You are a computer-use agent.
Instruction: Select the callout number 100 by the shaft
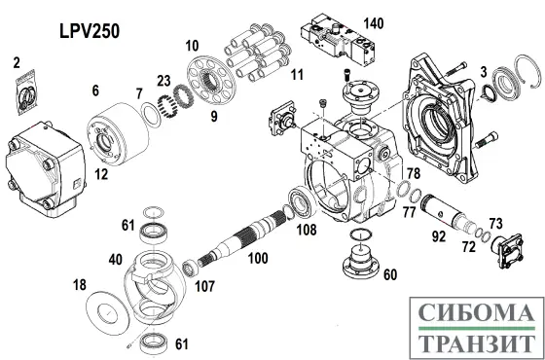(257, 260)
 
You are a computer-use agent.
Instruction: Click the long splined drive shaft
(243, 238)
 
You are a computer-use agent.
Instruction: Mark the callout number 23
(165, 82)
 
